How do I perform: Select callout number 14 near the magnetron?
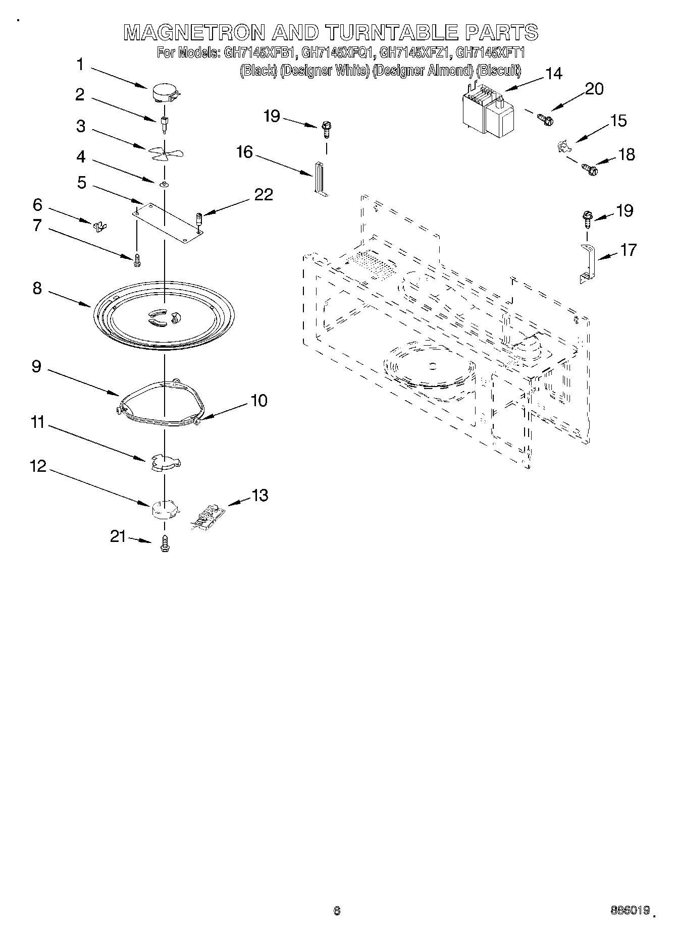tap(553, 74)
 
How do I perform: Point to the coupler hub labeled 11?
tap(165, 463)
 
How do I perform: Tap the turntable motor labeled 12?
tap(165, 510)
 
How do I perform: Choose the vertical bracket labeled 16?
tap(320, 178)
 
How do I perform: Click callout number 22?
tap(263, 194)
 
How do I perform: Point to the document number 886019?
tap(629, 911)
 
